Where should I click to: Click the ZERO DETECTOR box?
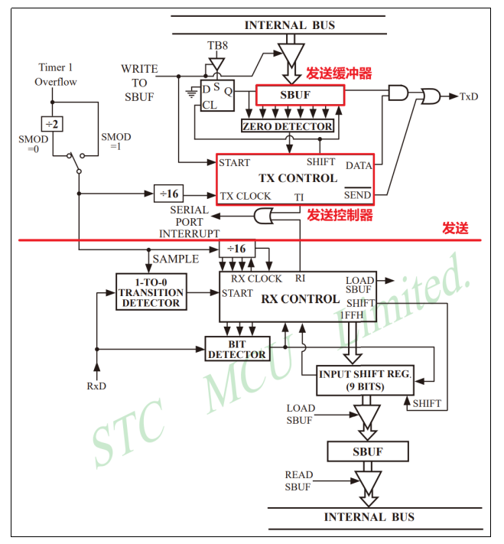point(288,126)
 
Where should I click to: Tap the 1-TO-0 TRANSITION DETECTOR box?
point(151,292)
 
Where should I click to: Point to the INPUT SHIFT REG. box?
point(366,379)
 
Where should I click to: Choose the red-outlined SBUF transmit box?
point(300,95)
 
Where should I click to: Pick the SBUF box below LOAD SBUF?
point(367,451)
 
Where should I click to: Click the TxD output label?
point(468,96)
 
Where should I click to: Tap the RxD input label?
point(96,386)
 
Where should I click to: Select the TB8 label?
point(217,45)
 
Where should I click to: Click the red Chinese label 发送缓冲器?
point(340,73)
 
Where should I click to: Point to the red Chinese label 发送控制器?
point(340,215)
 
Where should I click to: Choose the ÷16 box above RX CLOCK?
point(236,249)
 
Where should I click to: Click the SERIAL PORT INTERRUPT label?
point(189,221)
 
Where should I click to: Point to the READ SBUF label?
point(298,480)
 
